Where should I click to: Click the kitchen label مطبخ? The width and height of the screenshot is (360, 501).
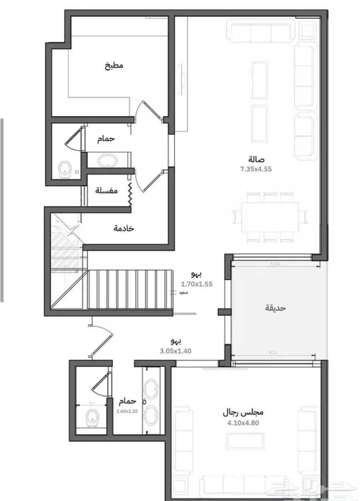[x=114, y=66]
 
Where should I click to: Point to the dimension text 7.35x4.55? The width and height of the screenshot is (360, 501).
[x=256, y=169]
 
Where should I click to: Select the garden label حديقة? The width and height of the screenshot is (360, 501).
[x=276, y=308]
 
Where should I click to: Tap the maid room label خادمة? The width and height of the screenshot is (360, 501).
[x=124, y=228]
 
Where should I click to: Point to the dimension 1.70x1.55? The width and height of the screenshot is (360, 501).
[x=196, y=285]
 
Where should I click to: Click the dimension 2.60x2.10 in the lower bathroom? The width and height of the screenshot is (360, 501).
[x=127, y=411]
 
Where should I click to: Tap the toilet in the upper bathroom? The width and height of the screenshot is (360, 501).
[x=64, y=170]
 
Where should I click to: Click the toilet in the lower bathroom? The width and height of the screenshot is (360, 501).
[x=92, y=418]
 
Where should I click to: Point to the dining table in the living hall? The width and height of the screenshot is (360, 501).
[x=270, y=216]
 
